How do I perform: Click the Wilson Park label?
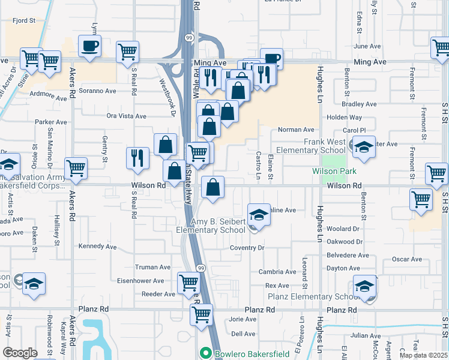point(335,171)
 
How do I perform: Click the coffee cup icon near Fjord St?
point(90,46)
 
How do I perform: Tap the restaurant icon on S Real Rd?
point(137,158)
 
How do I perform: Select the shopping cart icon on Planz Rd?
point(202,314)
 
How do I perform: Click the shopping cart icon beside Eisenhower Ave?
point(189,282)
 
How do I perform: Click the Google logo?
point(20,353)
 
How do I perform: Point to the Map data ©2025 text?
point(423,355)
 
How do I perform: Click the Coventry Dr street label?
point(247,248)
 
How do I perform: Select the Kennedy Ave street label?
point(97,247)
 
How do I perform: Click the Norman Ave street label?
point(296,130)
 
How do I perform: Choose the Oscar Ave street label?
point(407,259)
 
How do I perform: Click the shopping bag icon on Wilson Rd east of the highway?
point(212,188)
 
